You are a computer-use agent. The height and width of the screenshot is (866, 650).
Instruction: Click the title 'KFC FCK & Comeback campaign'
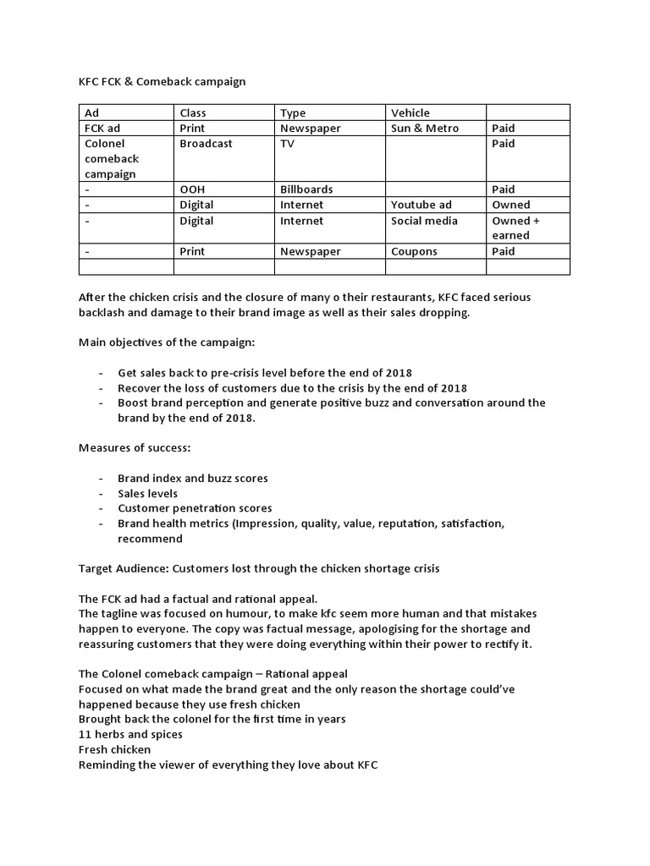(162, 82)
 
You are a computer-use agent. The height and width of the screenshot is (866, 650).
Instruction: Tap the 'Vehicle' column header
(410, 112)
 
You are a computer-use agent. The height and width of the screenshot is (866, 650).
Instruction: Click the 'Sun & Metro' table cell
(425, 128)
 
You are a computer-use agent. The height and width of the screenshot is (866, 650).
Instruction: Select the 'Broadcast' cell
(206, 144)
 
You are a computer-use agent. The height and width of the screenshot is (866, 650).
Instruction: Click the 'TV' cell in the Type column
(288, 144)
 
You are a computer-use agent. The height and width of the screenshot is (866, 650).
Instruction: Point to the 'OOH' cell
(192, 189)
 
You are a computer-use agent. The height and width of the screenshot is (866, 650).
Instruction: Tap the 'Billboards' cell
(306, 189)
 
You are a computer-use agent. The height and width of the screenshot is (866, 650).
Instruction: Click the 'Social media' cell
(424, 221)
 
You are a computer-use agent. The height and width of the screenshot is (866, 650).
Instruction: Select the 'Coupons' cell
(415, 251)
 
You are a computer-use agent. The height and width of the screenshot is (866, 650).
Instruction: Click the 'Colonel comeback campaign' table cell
(112, 159)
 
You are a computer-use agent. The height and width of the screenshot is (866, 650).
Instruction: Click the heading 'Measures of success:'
(131, 447)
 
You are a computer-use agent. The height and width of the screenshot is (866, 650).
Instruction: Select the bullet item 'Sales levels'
(147, 493)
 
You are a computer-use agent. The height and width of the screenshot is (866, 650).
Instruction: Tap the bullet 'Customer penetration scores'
(195, 508)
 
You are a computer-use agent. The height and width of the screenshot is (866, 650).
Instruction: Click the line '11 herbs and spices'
(130, 734)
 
